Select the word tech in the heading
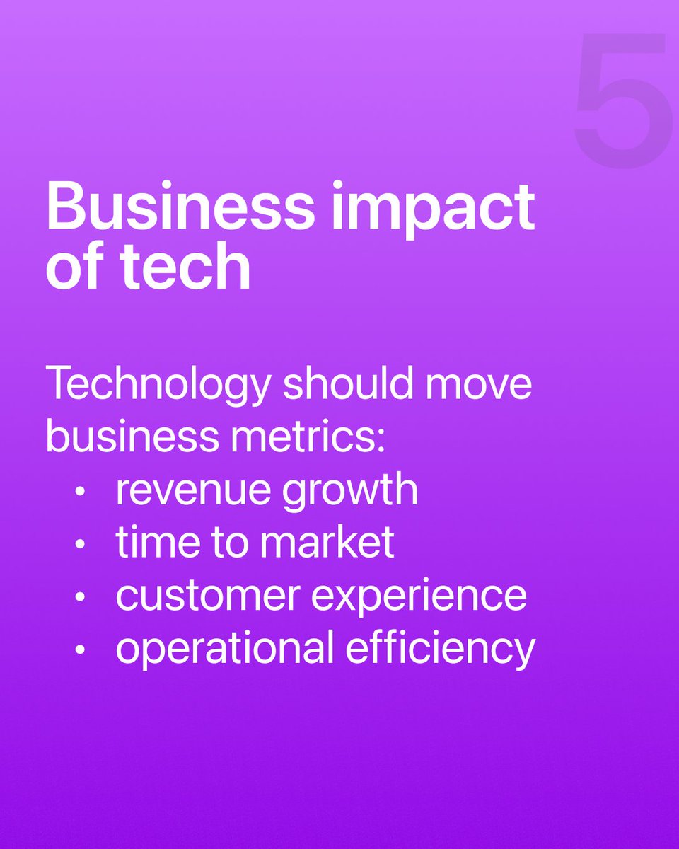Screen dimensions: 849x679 pyautogui.click(x=186, y=267)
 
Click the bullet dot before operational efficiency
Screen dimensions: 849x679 pyautogui.click(x=82, y=650)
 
